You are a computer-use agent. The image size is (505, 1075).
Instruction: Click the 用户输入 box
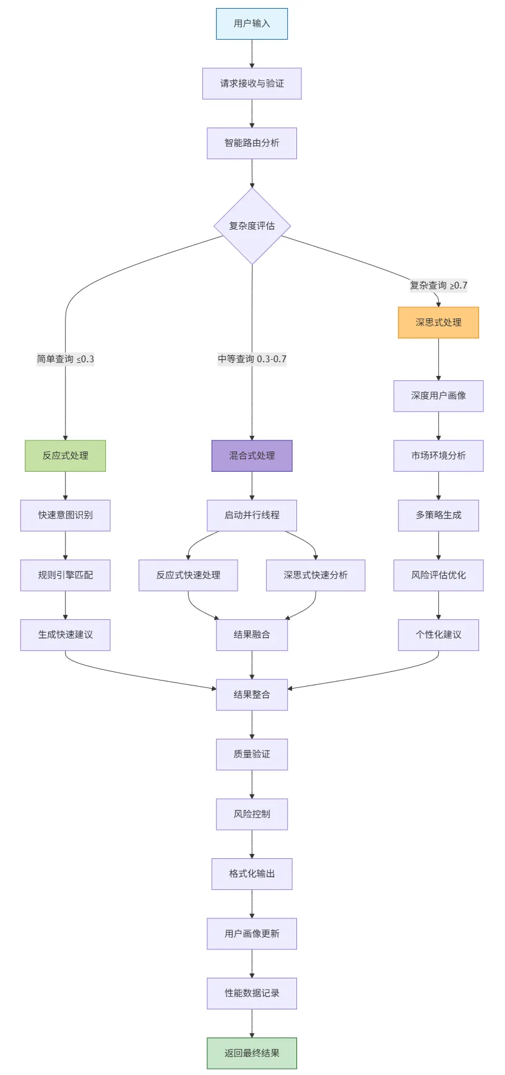pyautogui.click(x=252, y=24)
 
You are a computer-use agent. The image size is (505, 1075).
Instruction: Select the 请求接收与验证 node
pyautogui.click(x=252, y=84)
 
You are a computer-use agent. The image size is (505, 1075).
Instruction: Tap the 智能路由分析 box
pyautogui.click(x=252, y=143)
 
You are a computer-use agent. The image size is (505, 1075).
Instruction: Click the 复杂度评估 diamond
pyautogui.click(x=252, y=226)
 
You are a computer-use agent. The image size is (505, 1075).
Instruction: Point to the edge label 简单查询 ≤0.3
pyautogui.click(x=66, y=359)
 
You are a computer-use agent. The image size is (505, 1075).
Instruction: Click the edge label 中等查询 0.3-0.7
pyautogui.click(x=252, y=359)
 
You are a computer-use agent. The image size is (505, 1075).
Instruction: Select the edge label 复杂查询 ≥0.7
pyautogui.click(x=438, y=285)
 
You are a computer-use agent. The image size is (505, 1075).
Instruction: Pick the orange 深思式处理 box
pyautogui.click(x=438, y=323)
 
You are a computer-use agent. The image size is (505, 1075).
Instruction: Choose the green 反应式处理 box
pyautogui.click(x=66, y=456)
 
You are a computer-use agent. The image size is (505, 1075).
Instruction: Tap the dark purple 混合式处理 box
pyautogui.click(x=252, y=456)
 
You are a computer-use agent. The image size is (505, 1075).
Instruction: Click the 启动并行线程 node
pyautogui.click(x=252, y=515)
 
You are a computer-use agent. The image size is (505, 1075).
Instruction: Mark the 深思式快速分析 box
pyautogui.click(x=316, y=575)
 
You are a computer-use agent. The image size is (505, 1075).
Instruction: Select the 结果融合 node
pyautogui.click(x=252, y=635)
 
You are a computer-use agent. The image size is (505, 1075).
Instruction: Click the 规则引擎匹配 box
pyautogui.click(x=66, y=575)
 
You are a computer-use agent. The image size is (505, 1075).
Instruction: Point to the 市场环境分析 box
pyautogui.click(x=438, y=456)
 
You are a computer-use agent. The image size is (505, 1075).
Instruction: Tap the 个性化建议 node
pyautogui.click(x=438, y=635)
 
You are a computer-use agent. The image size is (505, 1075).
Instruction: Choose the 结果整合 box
pyautogui.click(x=252, y=695)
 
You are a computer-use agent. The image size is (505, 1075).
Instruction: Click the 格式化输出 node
pyautogui.click(x=252, y=874)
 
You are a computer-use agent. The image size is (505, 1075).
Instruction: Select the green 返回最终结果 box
pyautogui.click(x=252, y=1053)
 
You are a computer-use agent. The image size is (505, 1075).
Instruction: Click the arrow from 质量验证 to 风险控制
pyautogui.click(x=252, y=784)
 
